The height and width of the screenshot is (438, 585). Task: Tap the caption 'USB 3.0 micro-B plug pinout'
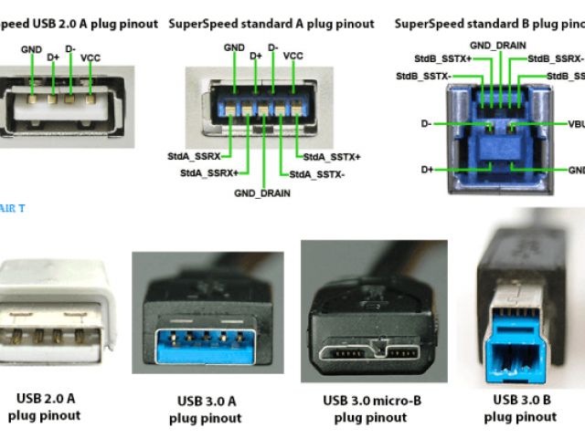(371, 409)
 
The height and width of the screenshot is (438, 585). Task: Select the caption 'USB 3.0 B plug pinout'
(524, 408)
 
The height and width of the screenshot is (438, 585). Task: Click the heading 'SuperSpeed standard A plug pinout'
(271, 24)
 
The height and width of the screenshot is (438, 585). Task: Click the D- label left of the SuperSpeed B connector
(428, 122)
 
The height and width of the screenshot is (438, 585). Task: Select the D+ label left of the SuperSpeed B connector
(428, 169)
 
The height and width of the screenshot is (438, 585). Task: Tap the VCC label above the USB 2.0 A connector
(91, 57)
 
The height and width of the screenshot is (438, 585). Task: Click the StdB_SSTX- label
(422, 75)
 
